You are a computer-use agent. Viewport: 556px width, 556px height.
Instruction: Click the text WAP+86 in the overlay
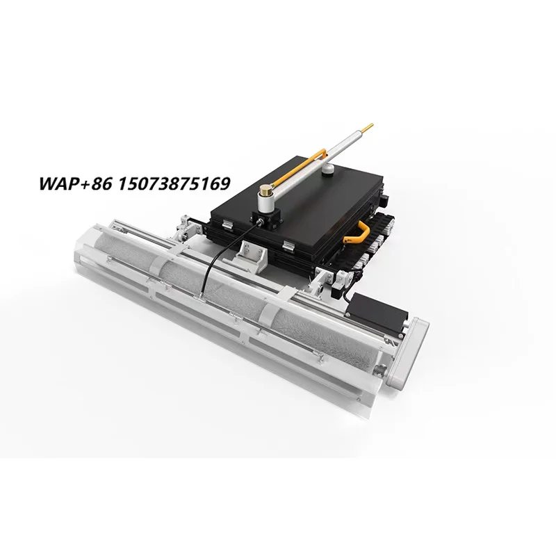(x=75, y=183)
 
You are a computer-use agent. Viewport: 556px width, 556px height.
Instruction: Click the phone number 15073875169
(x=174, y=183)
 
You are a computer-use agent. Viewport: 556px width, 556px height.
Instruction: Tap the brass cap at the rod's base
(x=265, y=190)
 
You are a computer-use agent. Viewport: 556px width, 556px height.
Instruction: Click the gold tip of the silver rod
(x=369, y=127)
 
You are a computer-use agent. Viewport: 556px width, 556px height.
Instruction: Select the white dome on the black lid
(x=329, y=169)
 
